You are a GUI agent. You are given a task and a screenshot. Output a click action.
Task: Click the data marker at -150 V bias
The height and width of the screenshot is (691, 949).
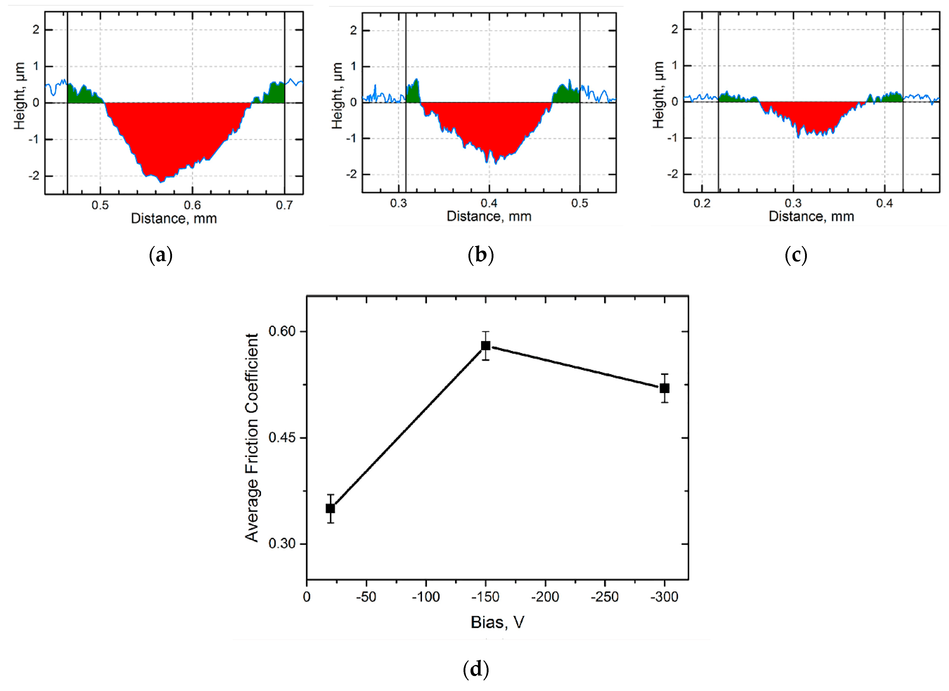tap(486, 345)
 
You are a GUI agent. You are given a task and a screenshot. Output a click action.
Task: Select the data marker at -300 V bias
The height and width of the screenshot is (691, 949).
tap(664, 388)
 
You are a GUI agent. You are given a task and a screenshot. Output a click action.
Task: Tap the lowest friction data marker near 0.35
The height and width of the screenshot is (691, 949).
tap(330, 508)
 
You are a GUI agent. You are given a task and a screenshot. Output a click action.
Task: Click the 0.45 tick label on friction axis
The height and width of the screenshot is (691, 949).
tap(282, 438)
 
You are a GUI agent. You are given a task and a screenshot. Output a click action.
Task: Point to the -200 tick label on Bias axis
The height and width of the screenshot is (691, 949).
tap(545, 597)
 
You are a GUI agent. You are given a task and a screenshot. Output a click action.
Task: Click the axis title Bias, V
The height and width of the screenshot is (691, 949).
tap(497, 622)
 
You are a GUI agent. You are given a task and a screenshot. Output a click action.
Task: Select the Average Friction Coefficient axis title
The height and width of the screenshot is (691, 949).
tap(252, 438)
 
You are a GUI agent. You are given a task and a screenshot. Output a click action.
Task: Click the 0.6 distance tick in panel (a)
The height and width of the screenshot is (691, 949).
tap(192, 205)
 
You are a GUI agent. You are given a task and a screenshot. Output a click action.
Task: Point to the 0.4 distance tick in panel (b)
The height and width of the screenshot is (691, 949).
tap(489, 203)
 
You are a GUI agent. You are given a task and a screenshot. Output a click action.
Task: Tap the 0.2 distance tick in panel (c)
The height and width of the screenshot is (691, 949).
tap(702, 203)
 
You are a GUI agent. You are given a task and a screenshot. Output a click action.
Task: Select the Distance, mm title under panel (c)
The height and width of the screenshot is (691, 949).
tap(811, 217)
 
